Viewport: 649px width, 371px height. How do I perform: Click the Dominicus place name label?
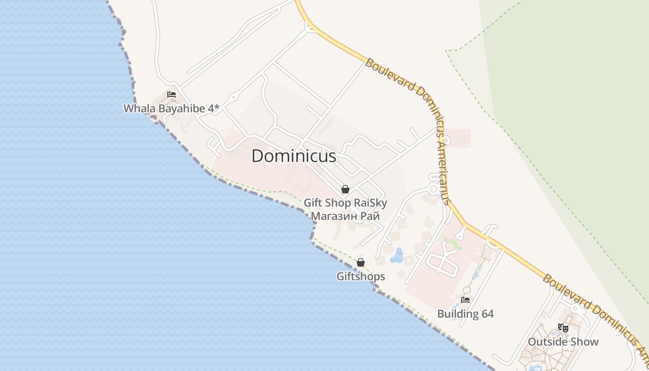click(x=293, y=156)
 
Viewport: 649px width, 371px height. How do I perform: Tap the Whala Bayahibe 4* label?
click(x=171, y=109)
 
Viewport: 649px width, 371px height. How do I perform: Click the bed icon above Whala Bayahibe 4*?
click(x=172, y=94)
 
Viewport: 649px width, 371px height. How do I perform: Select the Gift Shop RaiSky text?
click(x=345, y=203)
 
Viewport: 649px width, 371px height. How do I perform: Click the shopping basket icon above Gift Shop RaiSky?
click(x=345, y=189)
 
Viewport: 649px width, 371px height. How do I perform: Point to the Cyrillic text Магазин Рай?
click(x=345, y=216)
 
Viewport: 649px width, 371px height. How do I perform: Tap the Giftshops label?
click(x=361, y=276)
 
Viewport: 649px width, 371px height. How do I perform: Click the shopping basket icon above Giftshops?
click(x=361, y=263)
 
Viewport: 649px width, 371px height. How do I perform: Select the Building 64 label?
click(x=465, y=314)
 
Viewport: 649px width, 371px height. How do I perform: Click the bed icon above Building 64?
click(x=465, y=300)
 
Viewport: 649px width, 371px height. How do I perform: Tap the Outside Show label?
click(x=563, y=342)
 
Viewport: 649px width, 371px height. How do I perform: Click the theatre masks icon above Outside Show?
click(x=563, y=328)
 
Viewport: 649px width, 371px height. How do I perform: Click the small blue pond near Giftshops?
click(x=396, y=256)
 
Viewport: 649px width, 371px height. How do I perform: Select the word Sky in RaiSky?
click(x=377, y=203)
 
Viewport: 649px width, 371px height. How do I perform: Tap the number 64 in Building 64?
click(x=487, y=314)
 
